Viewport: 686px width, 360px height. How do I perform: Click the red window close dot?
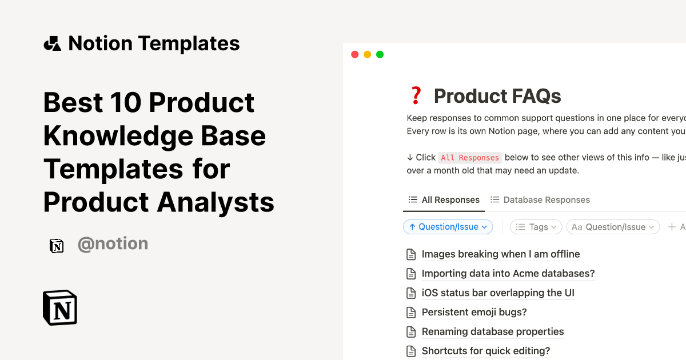coord(354,55)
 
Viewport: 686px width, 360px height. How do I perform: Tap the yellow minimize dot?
coord(367,55)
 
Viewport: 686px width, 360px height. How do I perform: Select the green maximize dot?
coord(380,55)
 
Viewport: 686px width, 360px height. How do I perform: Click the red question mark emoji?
coord(416,95)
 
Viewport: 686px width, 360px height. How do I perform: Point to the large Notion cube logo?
coord(60,307)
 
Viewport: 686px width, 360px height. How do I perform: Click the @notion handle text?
coord(113,244)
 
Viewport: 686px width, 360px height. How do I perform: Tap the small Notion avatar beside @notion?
coord(57,246)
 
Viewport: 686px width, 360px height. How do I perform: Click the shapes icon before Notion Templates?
coord(53,43)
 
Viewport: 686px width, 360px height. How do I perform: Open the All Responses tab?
coord(444,200)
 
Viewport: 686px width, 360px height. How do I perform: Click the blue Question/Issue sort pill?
coord(448,227)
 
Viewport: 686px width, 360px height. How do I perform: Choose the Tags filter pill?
coord(536,227)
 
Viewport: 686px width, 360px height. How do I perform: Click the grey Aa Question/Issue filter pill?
coord(613,227)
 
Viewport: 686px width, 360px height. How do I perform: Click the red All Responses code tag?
coord(470,158)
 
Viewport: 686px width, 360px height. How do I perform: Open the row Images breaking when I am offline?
coord(500,254)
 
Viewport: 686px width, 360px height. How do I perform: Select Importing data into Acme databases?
coord(508,274)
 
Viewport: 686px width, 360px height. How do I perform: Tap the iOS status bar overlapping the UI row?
coord(497,293)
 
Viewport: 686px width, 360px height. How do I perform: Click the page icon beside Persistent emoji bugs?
coord(411,313)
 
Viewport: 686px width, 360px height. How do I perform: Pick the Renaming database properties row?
coord(492,332)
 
